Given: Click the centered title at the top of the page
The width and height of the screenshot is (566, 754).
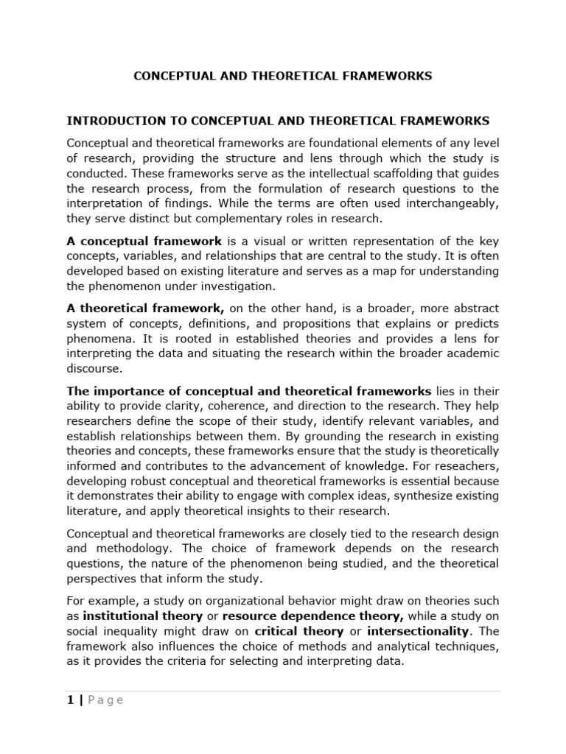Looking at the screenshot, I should [x=282, y=76].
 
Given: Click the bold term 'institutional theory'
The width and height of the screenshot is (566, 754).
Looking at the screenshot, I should [x=142, y=615].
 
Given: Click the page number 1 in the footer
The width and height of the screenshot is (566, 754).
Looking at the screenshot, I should [x=70, y=700].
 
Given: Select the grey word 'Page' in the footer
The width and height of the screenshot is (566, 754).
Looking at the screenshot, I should [x=105, y=700].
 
